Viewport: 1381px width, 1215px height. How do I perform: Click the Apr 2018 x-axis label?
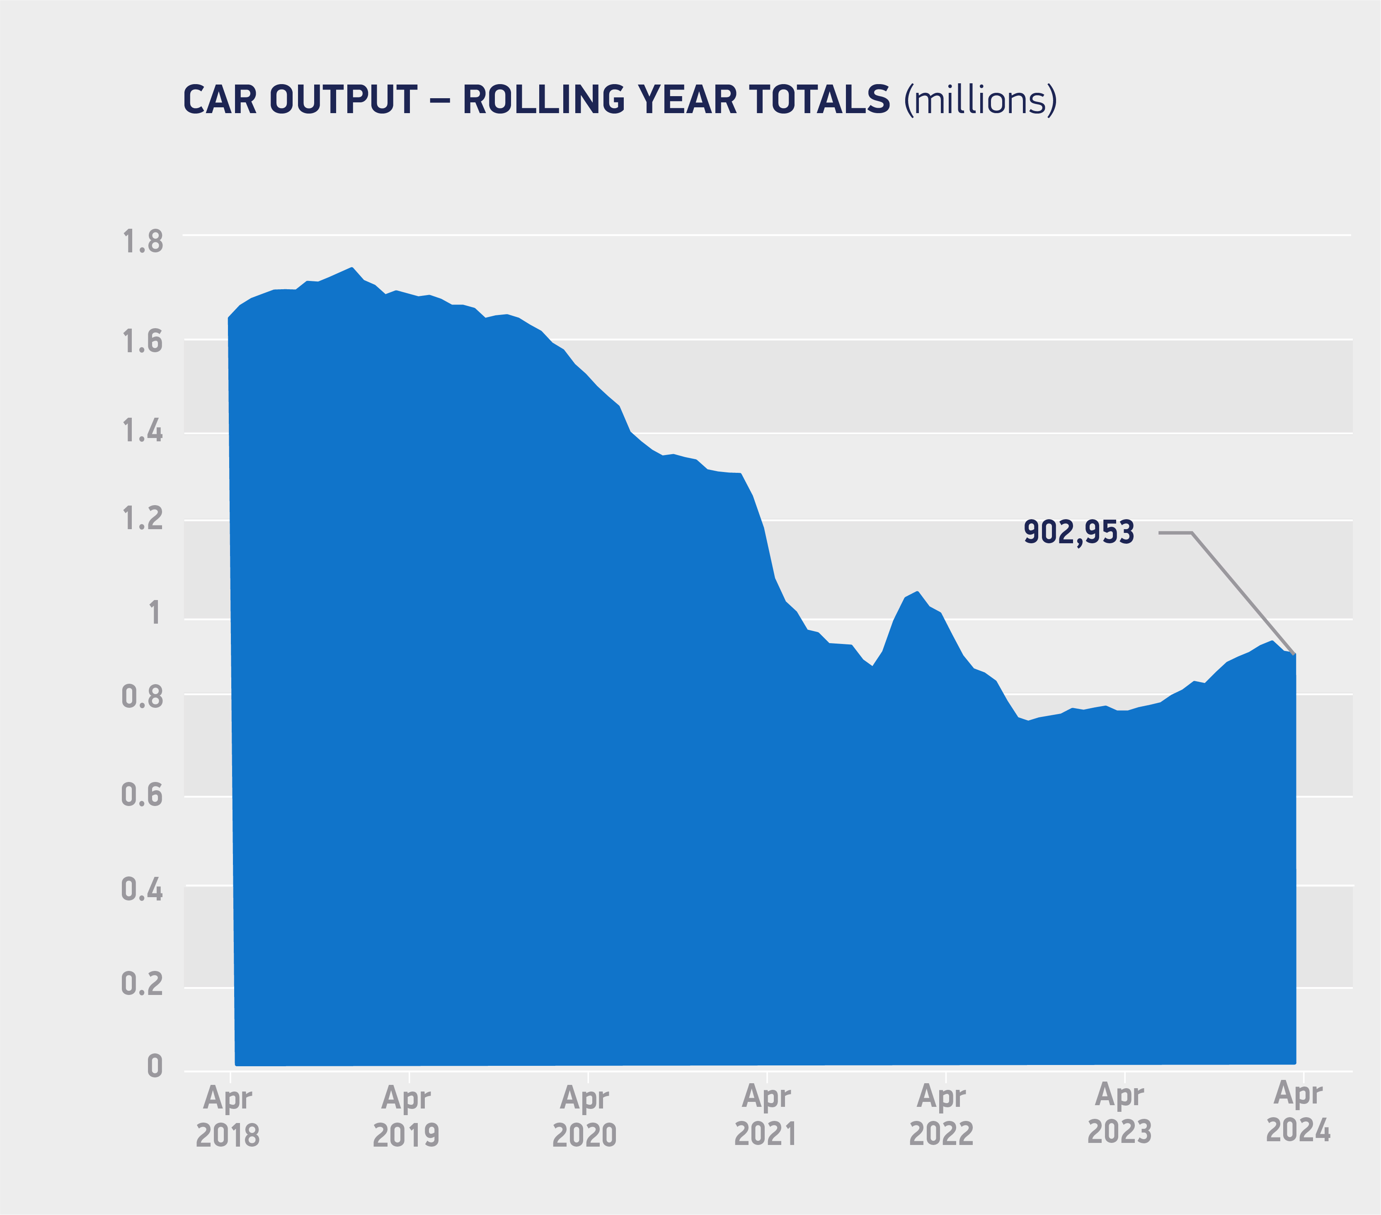click(x=228, y=1117)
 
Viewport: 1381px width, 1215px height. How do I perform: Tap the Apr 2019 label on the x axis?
click(x=406, y=1117)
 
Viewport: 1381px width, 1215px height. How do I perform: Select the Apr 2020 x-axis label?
click(x=584, y=1117)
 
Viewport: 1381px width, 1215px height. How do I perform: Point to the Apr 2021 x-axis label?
click(x=766, y=1116)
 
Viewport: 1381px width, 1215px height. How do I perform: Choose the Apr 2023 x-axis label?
click(x=1119, y=1114)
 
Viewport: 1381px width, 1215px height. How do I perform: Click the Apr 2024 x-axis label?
click(x=1298, y=1113)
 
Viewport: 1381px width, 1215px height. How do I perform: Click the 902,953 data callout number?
click(x=1079, y=532)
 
